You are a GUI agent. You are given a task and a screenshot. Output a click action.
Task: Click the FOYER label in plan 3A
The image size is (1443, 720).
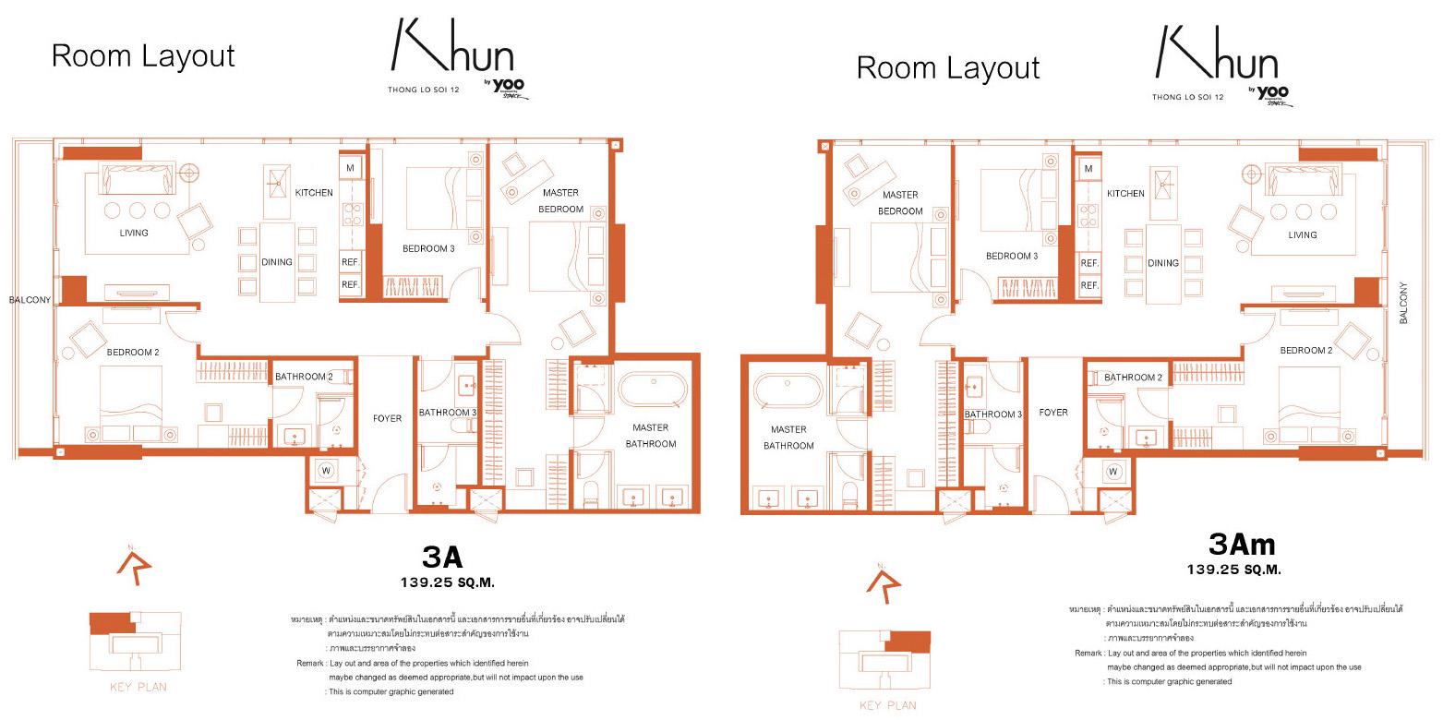(388, 418)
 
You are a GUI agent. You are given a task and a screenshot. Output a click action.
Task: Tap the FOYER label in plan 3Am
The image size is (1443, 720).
(1053, 413)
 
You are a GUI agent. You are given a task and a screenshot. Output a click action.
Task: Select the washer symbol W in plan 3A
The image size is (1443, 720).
(326, 470)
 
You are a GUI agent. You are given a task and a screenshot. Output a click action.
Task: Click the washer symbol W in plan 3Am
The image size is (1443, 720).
(1113, 472)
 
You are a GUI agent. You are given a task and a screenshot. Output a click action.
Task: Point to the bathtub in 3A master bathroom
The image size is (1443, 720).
(653, 390)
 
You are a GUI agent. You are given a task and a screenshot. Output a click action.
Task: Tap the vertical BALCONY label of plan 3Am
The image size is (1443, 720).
(1403, 302)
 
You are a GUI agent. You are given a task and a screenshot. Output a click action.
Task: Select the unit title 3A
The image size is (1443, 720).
(441, 558)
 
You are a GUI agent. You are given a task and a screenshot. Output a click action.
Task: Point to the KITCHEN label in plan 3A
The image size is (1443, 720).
(314, 193)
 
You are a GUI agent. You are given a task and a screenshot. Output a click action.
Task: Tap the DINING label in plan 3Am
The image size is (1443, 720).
(1163, 263)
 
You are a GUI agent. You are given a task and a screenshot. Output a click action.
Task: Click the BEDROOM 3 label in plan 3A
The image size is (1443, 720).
(428, 248)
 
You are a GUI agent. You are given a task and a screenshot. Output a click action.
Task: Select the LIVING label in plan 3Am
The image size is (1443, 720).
(1303, 235)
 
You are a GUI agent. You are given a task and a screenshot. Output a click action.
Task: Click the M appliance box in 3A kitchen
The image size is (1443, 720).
(351, 168)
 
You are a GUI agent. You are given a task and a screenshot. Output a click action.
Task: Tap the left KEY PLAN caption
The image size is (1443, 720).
(138, 687)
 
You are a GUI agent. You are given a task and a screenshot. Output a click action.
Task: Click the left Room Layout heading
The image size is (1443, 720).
(143, 56)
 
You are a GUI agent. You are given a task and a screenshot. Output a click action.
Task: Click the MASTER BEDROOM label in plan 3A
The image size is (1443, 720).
(560, 200)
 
